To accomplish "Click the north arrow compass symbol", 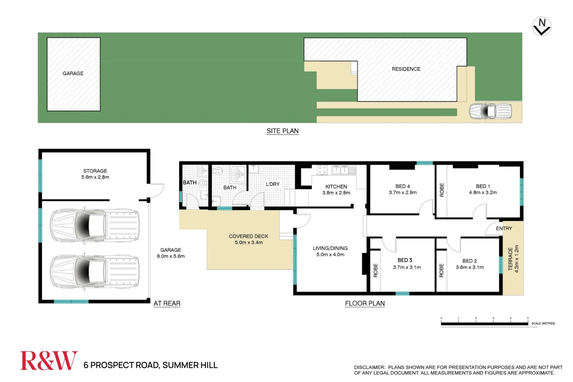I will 542,27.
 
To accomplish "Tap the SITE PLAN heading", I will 282,131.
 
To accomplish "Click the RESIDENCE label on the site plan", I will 406,69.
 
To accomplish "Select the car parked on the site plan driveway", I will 490,111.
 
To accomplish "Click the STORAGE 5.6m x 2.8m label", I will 95,174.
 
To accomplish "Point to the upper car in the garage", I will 94,225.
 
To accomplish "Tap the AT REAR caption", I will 167,303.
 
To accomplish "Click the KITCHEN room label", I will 336,186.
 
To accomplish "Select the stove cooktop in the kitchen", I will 322,170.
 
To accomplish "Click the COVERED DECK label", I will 248,239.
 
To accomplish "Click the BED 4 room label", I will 403,186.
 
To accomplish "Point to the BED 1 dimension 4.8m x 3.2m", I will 483,192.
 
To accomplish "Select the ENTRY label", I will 504,228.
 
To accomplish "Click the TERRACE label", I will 510,259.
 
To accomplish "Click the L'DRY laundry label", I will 272,184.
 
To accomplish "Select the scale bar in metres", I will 484,323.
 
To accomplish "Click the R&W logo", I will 49,361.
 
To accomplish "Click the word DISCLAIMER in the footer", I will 369,367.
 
